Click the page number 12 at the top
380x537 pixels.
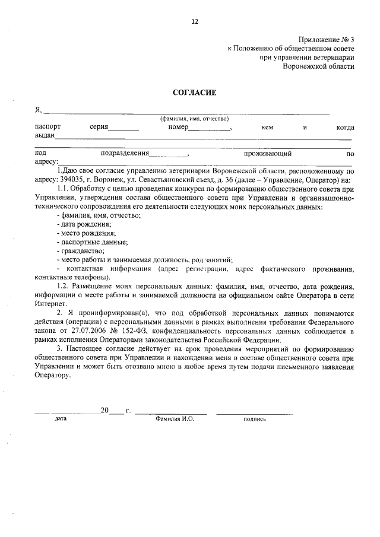pyautogui.click(x=194, y=22)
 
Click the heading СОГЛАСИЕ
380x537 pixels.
pyautogui.click(x=194, y=93)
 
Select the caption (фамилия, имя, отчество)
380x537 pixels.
pyautogui.click(x=194, y=119)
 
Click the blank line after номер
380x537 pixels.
pyautogui.click(x=209, y=128)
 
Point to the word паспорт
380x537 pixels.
pyautogui.click(x=47, y=127)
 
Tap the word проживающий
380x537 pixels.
pyautogui.click(x=271, y=153)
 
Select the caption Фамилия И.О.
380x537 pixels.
pyautogui.click(x=175, y=418)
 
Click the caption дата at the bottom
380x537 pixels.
pyautogui.click(x=61, y=418)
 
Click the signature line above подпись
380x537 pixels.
pyautogui.click(x=254, y=412)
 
